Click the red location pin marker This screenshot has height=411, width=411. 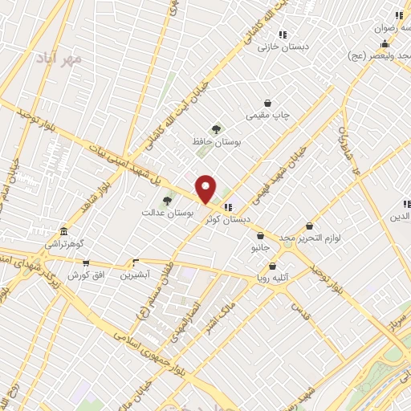(x=206, y=189)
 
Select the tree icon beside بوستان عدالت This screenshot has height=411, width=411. (x=167, y=201)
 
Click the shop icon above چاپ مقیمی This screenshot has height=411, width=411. (x=267, y=103)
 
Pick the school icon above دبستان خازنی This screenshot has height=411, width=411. (x=283, y=35)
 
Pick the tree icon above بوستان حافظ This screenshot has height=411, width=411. (x=215, y=128)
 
